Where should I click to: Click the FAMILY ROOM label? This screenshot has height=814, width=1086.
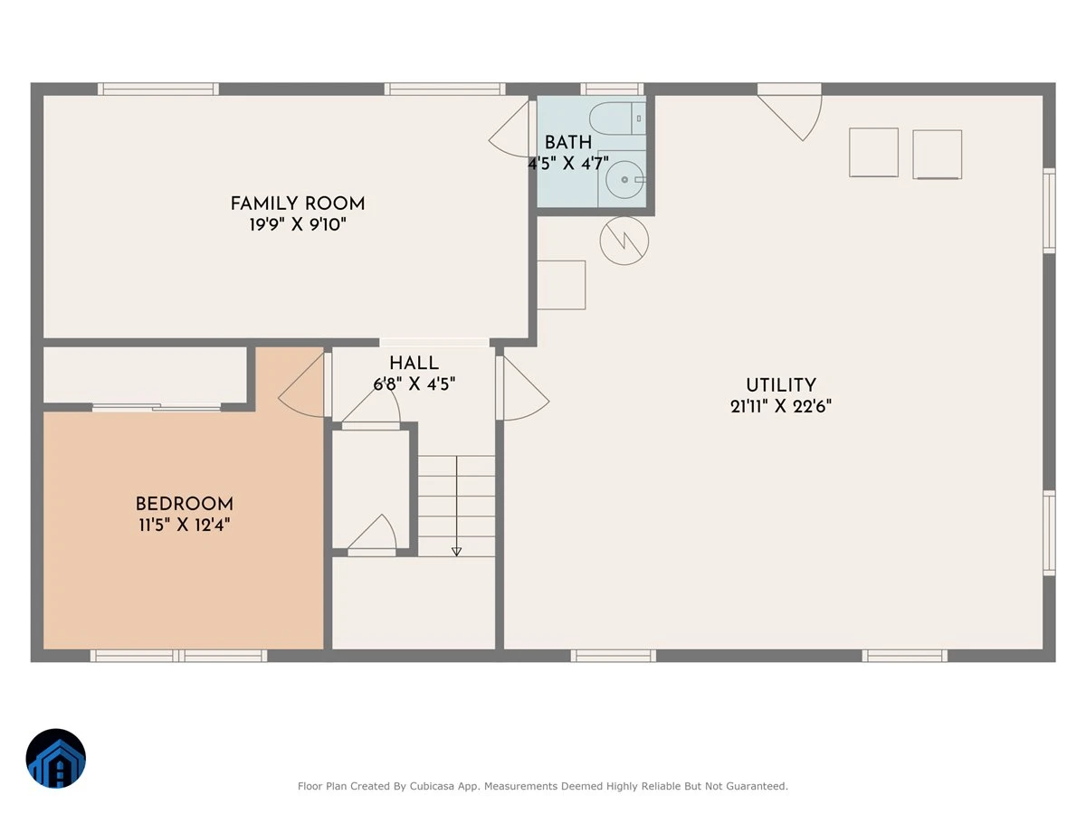(298, 203)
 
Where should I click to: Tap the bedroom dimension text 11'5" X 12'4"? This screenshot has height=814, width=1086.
(184, 525)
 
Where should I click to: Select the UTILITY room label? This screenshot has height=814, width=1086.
(781, 385)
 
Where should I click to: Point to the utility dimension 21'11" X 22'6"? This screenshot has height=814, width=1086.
(781, 406)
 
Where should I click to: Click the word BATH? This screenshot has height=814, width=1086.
(568, 142)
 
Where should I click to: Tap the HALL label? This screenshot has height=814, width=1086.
(414, 364)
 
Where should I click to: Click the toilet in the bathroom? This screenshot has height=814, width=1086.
(617, 118)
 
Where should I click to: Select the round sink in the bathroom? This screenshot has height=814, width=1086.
(624, 179)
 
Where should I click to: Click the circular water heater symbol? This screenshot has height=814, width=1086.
(624, 241)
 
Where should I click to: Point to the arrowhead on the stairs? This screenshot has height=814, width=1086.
(456, 552)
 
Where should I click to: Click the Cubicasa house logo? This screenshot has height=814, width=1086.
(56, 758)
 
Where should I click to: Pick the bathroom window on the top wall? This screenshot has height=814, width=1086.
(612, 89)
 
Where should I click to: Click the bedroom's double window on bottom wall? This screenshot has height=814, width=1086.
(178, 656)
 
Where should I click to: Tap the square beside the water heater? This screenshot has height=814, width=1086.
(561, 285)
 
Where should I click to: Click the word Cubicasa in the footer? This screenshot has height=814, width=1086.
(432, 786)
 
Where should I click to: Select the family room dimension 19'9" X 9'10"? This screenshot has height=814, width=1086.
(298, 225)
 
